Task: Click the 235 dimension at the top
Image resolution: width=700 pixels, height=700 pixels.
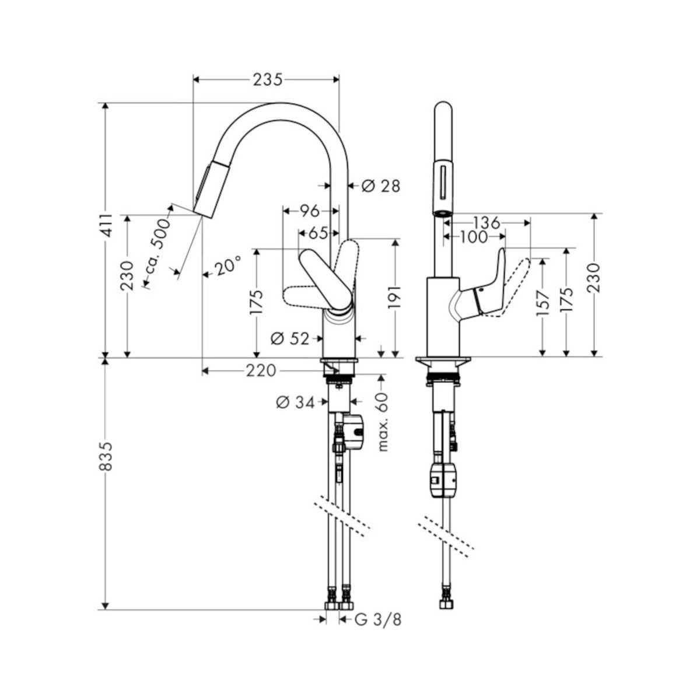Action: (x=268, y=80)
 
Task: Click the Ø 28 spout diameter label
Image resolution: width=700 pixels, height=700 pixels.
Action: (x=381, y=186)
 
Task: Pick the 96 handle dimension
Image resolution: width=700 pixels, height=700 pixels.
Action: (x=309, y=211)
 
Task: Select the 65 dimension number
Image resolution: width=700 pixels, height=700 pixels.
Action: (x=318, y=233)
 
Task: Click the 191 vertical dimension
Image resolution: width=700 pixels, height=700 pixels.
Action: (x=394, y=296)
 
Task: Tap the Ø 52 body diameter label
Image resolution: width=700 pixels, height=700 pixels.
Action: (x=290, y=338)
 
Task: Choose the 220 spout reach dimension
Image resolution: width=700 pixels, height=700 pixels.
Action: (x=261, y=371)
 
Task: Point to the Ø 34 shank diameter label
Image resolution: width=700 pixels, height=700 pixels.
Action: (x=295, y=403)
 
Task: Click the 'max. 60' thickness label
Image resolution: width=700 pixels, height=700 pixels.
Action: (x=383, y=422)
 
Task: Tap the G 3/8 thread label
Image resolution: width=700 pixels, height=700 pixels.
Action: (x=378, y=477)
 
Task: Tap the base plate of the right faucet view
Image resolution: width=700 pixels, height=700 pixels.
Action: (x=443, y=363)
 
